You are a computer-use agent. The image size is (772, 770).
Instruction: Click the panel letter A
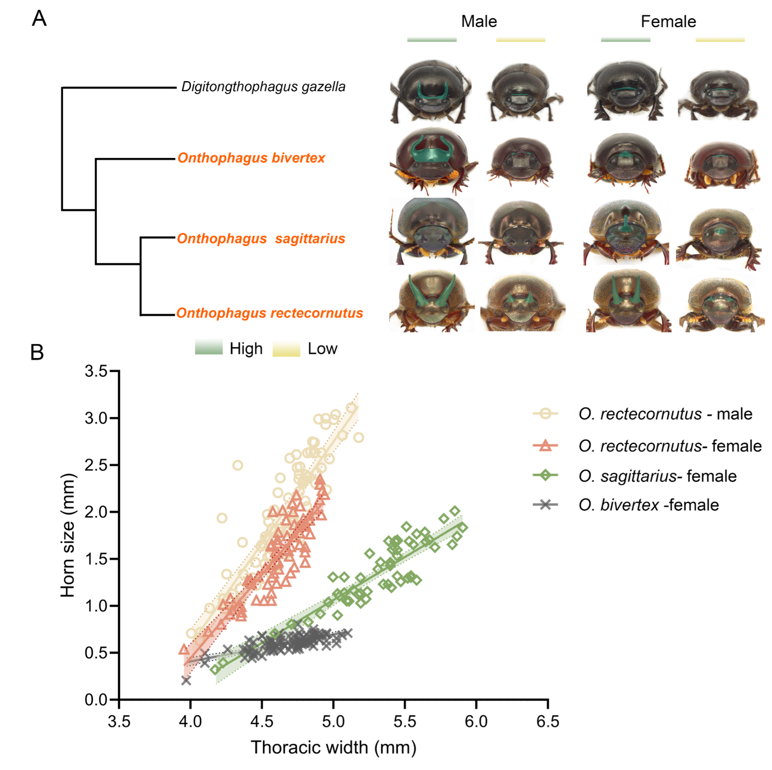tap(39, 18)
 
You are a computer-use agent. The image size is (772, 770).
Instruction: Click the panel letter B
tap(37, 352)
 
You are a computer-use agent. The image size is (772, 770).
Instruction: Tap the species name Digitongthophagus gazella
tap(263, 87)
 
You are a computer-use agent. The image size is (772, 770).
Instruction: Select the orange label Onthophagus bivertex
tap(251, 158)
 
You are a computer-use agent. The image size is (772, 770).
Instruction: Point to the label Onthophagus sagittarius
tap(260, 239)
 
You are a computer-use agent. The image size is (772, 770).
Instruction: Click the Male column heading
tap(479, 21)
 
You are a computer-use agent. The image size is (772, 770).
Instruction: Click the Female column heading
tap(668, 21)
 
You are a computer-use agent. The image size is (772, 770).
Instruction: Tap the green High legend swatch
tap(208, 347)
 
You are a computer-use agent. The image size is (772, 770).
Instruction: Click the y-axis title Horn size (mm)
tap(68, 535)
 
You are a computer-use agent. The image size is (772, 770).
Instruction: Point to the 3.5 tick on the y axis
tap(96, 371)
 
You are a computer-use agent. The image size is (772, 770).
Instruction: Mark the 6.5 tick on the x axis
tap(547, 722)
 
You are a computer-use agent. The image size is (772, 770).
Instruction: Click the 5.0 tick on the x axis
tap(333, 722)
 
